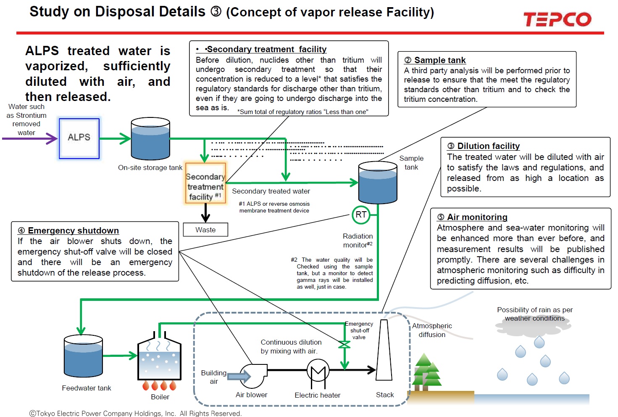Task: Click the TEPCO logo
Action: point(557,19)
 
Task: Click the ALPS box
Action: point(79,138)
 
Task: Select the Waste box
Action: point(205,230)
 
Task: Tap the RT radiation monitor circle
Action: point(360,215)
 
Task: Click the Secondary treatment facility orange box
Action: point(205,183)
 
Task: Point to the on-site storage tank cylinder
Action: point(150,138)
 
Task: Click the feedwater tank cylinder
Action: point(83,356)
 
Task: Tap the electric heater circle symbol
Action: point(318,371)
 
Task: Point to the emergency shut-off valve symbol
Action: point(345,345)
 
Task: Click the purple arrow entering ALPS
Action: point(29,138)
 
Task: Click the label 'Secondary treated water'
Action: point(271,191)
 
